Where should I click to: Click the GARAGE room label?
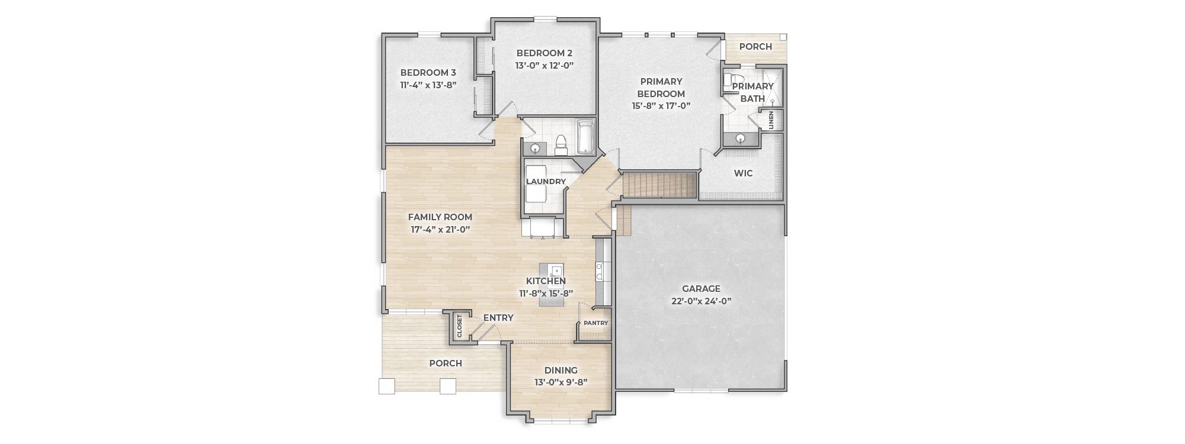click(x=701, y=289)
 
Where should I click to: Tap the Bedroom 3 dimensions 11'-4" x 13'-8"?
click(x=428, y=85)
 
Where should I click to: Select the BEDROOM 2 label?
click(x=545, y=53)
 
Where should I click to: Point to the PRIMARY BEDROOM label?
click(x=661, y=88)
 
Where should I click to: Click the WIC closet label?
click(x=743, y=173)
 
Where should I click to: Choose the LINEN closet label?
click(x=771, y=120)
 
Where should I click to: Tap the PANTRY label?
click(x=595, y=323)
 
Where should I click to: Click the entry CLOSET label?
click(x=459, y=326)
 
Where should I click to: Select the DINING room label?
click(x=561, y=371)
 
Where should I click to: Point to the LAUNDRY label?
click(x=546, y=181)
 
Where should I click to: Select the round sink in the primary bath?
click(x=741, y=139)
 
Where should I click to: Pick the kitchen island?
click(x=552, y=285)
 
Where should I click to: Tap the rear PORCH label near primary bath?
click(x=755, y=47)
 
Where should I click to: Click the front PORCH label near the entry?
click(x=446, y=363)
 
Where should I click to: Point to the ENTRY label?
click(x=498, y=318)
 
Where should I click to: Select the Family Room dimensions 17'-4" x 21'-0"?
click(x=440, y=229)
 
